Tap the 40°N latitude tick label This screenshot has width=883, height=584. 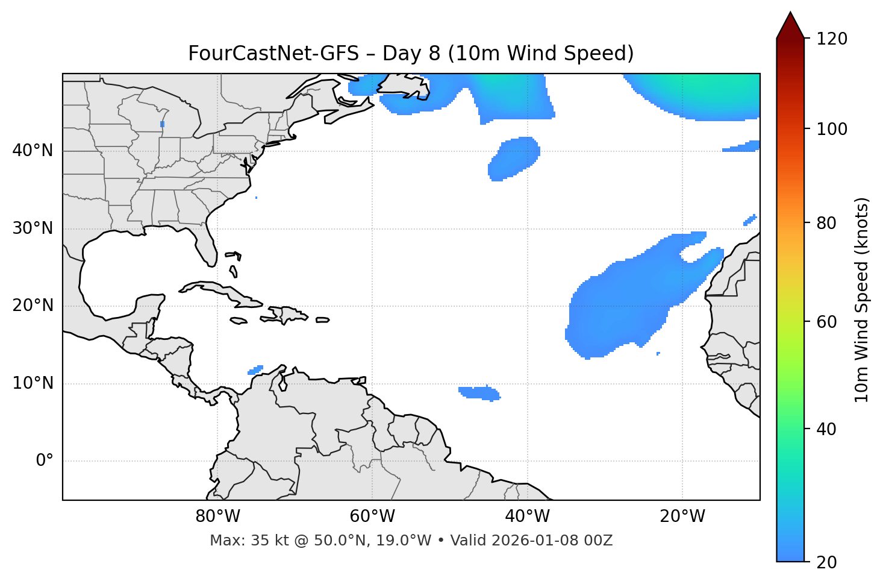tap(33, 151)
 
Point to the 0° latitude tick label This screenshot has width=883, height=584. tap(45, 461)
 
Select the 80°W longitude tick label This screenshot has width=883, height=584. tap(217, 516)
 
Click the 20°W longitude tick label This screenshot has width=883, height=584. tap(682, 516)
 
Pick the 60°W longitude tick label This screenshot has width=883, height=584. tap(372, 516)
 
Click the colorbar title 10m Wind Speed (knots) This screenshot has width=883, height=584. tap(862, 300)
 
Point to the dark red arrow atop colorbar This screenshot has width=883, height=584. tap(790, 25)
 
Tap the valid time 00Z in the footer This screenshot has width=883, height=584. tap(599, 541)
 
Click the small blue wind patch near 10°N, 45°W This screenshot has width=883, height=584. tap(479, 393)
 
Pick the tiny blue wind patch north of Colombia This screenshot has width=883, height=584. tap(256, 369)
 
